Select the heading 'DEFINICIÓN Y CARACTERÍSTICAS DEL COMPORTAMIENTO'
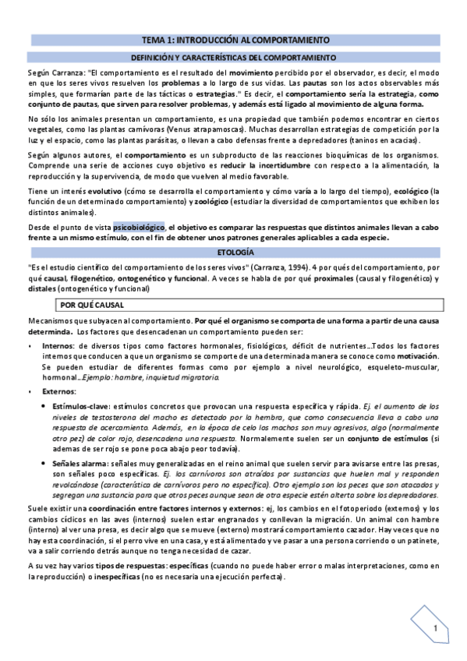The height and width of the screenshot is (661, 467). click(x=233, y=58)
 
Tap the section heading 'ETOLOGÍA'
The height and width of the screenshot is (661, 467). click(x=233, y=254)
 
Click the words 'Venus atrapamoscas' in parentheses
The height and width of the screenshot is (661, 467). click(x=201, y=129)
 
